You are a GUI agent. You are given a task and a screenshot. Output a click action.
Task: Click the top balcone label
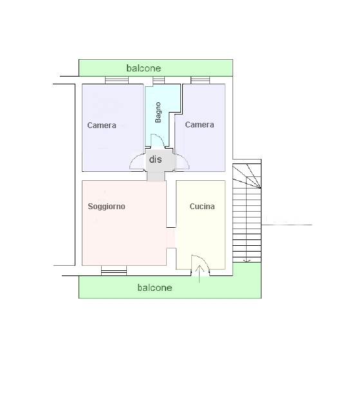point(144,68)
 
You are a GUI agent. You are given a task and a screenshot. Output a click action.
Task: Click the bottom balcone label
point(155,288)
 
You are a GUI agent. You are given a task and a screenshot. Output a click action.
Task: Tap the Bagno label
point(158,112)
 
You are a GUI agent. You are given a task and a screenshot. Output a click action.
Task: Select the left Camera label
point(102,125)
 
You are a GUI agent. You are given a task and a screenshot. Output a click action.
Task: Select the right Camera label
point(200,125)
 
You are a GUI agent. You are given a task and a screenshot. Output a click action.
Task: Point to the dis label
point(155,160)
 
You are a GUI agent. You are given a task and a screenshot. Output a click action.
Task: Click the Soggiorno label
point(106,207)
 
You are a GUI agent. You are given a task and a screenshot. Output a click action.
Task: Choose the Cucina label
point(202,207)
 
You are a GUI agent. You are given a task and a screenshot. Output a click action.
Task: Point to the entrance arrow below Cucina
point(200,274)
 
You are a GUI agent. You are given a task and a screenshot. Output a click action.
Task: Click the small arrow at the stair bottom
point(247,261)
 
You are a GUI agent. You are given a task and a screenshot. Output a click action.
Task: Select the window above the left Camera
point(117,80)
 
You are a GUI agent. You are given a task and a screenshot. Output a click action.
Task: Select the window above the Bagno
point(158,80)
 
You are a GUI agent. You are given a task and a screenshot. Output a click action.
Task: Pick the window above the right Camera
point(200,80)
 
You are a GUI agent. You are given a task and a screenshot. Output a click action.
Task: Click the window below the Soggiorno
point(114,271)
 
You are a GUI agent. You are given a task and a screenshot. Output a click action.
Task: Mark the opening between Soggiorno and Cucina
point(171,237)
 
